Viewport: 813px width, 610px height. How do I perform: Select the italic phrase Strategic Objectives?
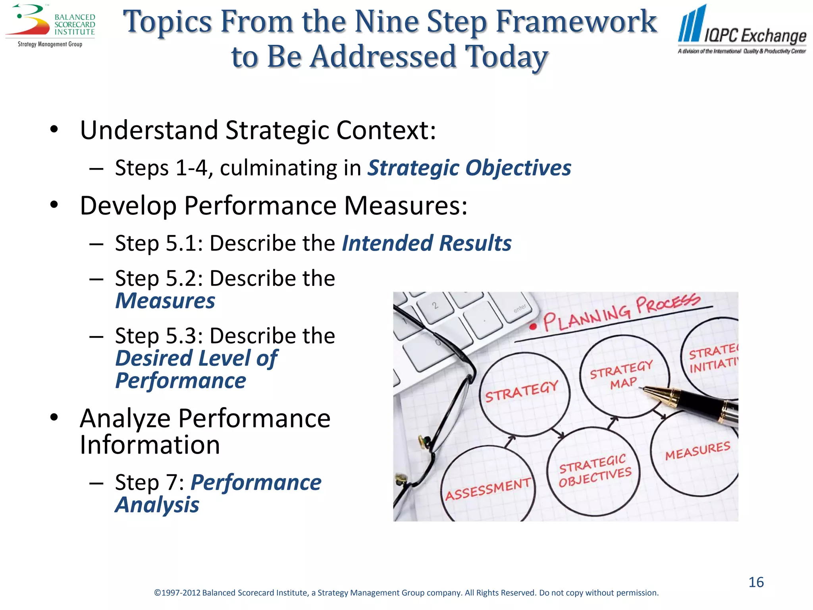pos(469,168)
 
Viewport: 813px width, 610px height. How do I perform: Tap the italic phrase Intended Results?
pos(426,243)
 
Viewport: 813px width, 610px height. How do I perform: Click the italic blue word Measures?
pos(165,301)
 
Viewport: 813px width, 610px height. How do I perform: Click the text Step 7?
pos(149,483)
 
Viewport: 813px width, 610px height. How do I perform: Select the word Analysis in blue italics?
pos(157,505)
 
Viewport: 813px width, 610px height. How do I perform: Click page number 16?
pos(756,582)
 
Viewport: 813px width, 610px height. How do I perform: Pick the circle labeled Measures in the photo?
pos(697,451)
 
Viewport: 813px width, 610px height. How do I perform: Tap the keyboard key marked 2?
pos(435,305)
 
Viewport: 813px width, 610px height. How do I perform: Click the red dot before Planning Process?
pos(533,327)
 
